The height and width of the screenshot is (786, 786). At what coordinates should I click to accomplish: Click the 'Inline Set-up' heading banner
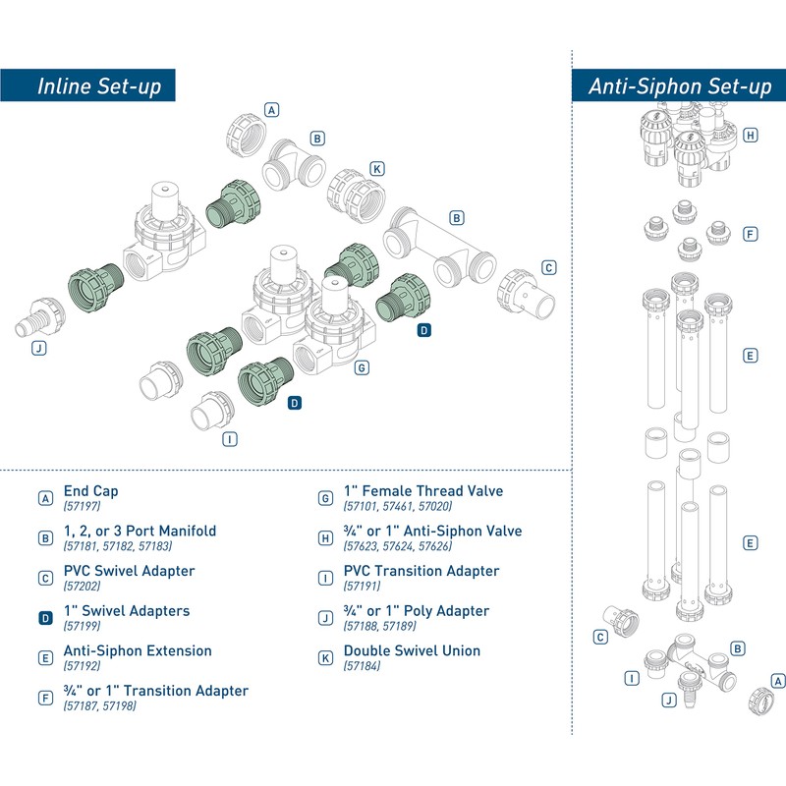[87, 85]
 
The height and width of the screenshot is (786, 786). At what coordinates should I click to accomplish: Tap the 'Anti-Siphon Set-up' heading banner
[679, 85]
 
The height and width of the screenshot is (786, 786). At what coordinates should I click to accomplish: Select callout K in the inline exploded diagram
[377, 169]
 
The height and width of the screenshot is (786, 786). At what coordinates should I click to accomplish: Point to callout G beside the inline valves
[362, 367]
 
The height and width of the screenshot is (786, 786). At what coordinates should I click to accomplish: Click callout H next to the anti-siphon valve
[750, 136]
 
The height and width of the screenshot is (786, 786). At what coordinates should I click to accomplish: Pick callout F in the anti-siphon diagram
[750, 234]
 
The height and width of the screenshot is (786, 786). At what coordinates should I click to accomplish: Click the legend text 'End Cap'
[90, 490]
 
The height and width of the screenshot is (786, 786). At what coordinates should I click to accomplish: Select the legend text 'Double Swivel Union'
[412, 650]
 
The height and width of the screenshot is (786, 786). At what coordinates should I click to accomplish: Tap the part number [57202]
[82, 586]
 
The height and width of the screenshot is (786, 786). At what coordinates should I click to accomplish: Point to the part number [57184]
[362, 666]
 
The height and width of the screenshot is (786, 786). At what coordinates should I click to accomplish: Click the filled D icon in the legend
[45, 618]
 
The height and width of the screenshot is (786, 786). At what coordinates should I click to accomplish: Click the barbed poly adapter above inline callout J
[40, 316]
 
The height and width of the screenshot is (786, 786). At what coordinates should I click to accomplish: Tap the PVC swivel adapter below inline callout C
[526, 296]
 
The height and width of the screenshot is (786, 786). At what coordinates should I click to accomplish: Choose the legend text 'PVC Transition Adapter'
[421, 571]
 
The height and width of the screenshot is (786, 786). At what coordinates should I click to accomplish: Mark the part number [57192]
[82, 666]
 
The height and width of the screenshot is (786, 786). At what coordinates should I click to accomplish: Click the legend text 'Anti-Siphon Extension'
[138, 650]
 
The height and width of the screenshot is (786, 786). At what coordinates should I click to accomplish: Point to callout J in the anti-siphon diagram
[669, 700]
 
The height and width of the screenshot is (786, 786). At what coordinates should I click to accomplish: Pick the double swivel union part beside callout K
[357, 195]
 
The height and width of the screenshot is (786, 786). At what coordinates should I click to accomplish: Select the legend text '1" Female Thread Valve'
[423, 490]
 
